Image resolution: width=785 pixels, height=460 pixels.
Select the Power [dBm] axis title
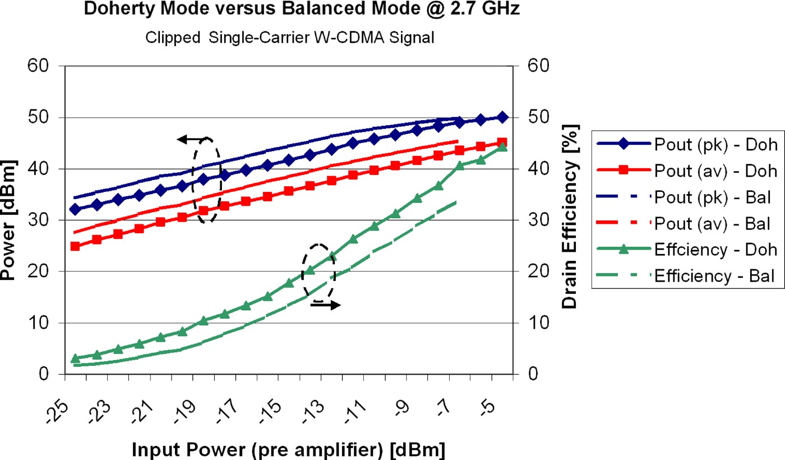tap(10, 220)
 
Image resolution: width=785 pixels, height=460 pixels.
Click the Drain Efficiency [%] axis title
tap(569, 220)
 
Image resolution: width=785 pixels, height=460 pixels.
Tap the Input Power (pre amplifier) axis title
tap(289, 449)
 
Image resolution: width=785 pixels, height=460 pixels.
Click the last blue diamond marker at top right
tap(502, 117)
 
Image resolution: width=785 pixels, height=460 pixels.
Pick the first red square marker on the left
tap(75, 246)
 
